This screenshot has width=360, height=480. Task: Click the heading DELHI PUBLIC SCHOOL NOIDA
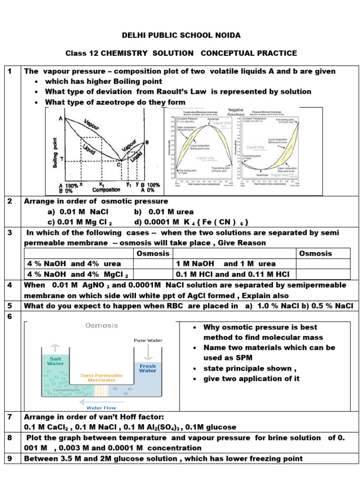(181, 36)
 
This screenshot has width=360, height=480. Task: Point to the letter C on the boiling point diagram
(119, 164)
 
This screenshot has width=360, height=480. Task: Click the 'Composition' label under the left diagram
(106, 190)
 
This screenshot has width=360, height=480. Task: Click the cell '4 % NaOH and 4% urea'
(74, 264)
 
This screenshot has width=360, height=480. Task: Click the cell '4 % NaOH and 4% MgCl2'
(78, 275)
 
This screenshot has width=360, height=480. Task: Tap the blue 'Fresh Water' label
(148, 367)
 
